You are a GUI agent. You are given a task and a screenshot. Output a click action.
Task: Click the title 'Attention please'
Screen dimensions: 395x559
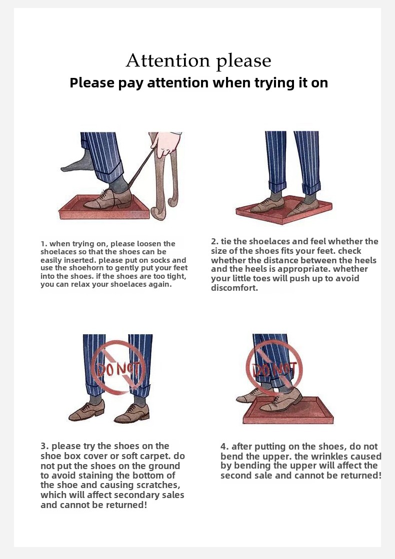click(x=198, y=61)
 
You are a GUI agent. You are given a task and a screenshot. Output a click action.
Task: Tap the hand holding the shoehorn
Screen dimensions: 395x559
click(x=165, y=144)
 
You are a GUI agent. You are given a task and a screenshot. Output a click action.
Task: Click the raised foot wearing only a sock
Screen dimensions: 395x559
click(x=78, y=163)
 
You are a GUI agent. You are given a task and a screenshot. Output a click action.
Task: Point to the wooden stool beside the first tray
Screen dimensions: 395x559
click(x=164, y=178)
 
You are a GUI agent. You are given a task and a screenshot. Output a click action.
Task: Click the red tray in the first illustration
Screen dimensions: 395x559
click(x=104, y=208)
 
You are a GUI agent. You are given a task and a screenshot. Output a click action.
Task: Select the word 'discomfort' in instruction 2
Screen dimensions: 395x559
click(x=233, y=288)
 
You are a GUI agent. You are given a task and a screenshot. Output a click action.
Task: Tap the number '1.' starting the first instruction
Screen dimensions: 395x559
click(x=44, y=244)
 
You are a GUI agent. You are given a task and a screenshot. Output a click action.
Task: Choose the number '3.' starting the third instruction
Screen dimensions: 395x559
click(x=44, y=446)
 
